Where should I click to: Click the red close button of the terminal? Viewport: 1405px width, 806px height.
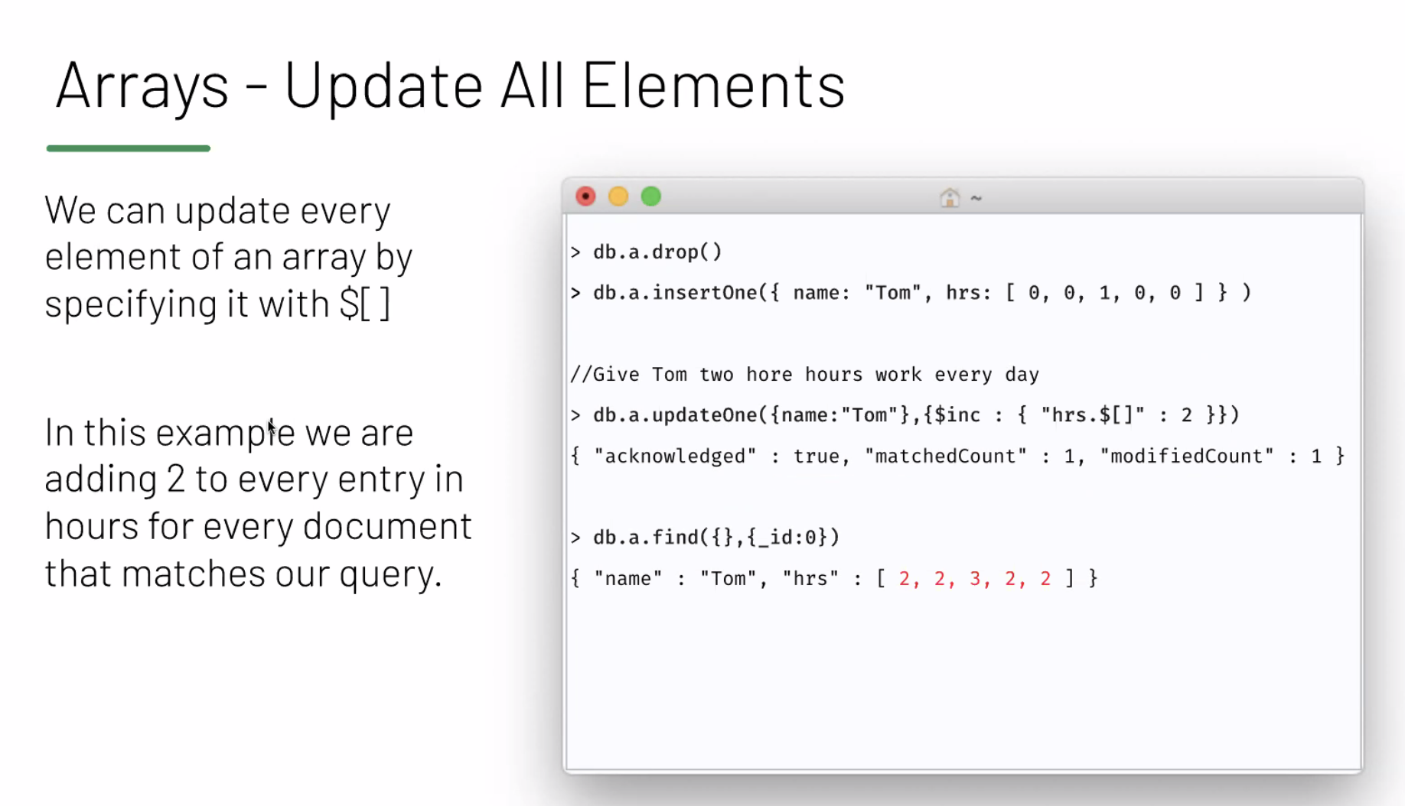(x=585, y=197)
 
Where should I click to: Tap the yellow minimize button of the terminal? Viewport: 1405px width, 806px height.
(x=618, y=197)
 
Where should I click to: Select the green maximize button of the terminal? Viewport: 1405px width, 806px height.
(x=651, y=197)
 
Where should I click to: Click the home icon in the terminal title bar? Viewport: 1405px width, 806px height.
(x=950, y=197)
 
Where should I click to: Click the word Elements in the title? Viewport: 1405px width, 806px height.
(x=713, y=84)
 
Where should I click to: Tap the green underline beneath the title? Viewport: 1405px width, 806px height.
(x=129, y=148)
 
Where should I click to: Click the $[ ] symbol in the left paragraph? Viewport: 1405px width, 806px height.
(x=365, y=303)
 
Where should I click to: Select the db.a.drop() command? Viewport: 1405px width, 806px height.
(x=657, y=252)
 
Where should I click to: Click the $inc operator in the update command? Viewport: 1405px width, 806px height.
(x=957, y=415)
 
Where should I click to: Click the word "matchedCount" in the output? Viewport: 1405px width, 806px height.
(x=946, y=457)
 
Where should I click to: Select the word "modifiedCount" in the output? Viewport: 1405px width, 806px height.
(x=1187, y=457)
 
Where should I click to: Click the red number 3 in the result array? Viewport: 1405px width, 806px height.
(x=975, y=578)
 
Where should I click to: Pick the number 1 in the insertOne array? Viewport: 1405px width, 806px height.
(x=1104, y=293)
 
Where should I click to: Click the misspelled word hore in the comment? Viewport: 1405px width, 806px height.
(x=769, y=375)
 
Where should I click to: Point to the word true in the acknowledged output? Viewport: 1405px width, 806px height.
(x=816, y=457)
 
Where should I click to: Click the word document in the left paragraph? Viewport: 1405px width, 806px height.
(x=387, y=526)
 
